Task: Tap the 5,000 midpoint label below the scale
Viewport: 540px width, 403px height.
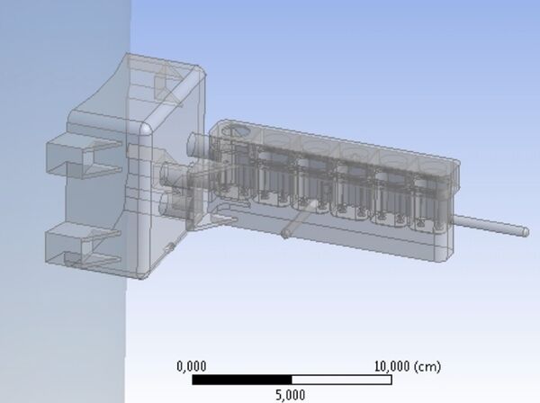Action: [290, 394]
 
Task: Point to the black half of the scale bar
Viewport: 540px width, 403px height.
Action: [241, 380]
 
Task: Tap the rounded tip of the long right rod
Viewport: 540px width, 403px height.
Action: [524, 231]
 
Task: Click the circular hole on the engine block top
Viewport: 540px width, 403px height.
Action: [238, 131]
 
